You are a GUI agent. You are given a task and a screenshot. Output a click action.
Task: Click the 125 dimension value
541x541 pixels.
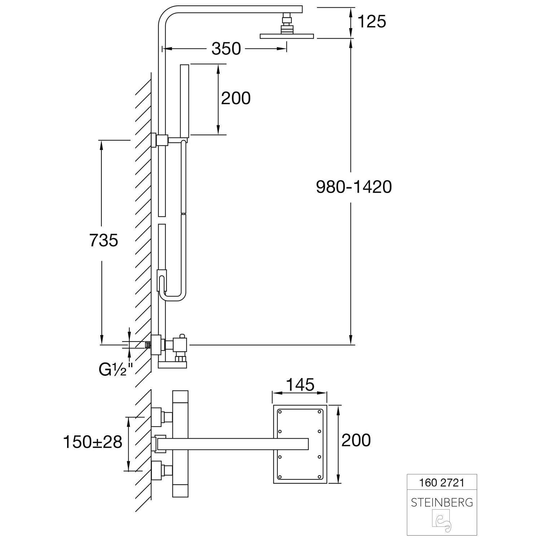tap(371, 22)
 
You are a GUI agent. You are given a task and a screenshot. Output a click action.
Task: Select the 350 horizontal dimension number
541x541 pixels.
tap(226, 49)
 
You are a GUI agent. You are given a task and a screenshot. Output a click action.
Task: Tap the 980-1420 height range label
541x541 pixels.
tap(353, 187)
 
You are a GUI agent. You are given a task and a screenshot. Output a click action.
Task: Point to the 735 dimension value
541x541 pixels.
tap(104, 241)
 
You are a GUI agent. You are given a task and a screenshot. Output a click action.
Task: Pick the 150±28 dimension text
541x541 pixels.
tap(93, 442)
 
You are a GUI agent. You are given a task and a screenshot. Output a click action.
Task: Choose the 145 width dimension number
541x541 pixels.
tap(300, 385)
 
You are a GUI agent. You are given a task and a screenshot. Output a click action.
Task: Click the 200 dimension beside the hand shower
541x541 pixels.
tap(236, 98)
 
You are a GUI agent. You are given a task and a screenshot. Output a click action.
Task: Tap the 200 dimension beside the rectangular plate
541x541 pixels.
tap(356, 440)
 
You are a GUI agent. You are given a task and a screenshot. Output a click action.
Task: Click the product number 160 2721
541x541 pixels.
tap(441, 483)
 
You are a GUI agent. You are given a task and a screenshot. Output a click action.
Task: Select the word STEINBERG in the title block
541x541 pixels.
tap(441, 502)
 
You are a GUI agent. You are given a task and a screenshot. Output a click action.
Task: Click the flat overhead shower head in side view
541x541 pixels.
tap(287, 36)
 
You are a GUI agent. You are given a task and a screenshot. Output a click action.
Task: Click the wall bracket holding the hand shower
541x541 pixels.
tap(161, 140)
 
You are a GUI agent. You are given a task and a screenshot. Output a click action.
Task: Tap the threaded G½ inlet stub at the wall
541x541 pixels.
tap(148, 345)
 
